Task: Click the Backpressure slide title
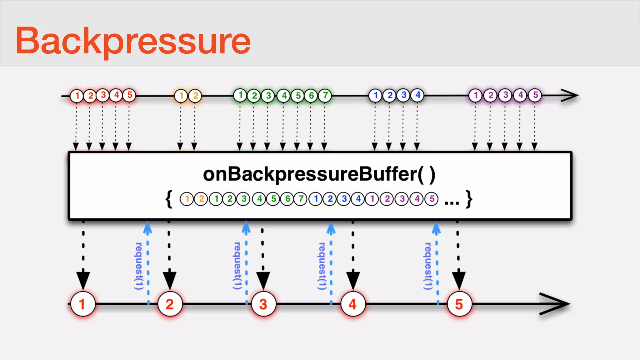(x=133, y=41)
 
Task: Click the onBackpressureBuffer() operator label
(x=319, y=174)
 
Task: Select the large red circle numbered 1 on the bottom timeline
(x=83, y=304)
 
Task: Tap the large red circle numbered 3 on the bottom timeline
(x=263, y=304)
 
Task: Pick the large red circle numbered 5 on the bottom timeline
(x=459, y=304)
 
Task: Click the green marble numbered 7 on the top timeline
(x=325, y=95)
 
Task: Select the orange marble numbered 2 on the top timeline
(x=195, y=96)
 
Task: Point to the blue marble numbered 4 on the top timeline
(x=418, y=95)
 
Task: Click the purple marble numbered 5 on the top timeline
(x=535, y=95)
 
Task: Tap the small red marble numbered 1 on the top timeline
(x=77, y=96)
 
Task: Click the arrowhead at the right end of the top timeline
(x=570, y=95)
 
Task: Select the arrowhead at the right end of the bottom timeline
(x=556, y=304)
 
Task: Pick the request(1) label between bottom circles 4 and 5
(x=428, y=266)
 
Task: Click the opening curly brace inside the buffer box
(x=169, y=199)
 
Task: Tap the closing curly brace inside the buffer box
(x=469, y=199)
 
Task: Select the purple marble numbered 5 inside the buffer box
(x=432, y=199)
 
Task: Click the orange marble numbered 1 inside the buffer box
(x=187, y=199)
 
